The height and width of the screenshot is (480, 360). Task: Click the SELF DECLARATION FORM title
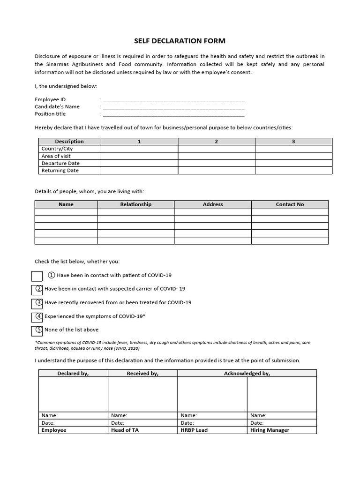point(180,41)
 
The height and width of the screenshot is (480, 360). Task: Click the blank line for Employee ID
point(173,99)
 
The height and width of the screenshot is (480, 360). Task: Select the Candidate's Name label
point(57,106)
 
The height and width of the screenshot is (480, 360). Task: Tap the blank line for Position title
point(173,114)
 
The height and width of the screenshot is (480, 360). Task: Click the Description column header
point(69,141)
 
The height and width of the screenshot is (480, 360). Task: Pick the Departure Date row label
point(60,163)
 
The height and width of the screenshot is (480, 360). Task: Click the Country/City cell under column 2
point(216,149)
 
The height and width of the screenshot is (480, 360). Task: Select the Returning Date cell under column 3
point(293,171)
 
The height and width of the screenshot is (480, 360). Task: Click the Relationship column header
point(136,204)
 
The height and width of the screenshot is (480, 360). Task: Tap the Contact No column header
point(290,204)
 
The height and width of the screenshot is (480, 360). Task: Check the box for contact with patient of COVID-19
point(37,276)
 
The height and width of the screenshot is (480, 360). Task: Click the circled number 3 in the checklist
point(39,302)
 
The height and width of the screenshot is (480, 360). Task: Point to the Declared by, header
point(73,373)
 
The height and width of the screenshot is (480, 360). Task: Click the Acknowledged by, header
point(247,373)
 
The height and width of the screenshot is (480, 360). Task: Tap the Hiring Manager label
point(270,430)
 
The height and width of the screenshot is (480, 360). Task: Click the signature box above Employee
point(73,394)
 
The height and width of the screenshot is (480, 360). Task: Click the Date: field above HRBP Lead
point(212,423)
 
